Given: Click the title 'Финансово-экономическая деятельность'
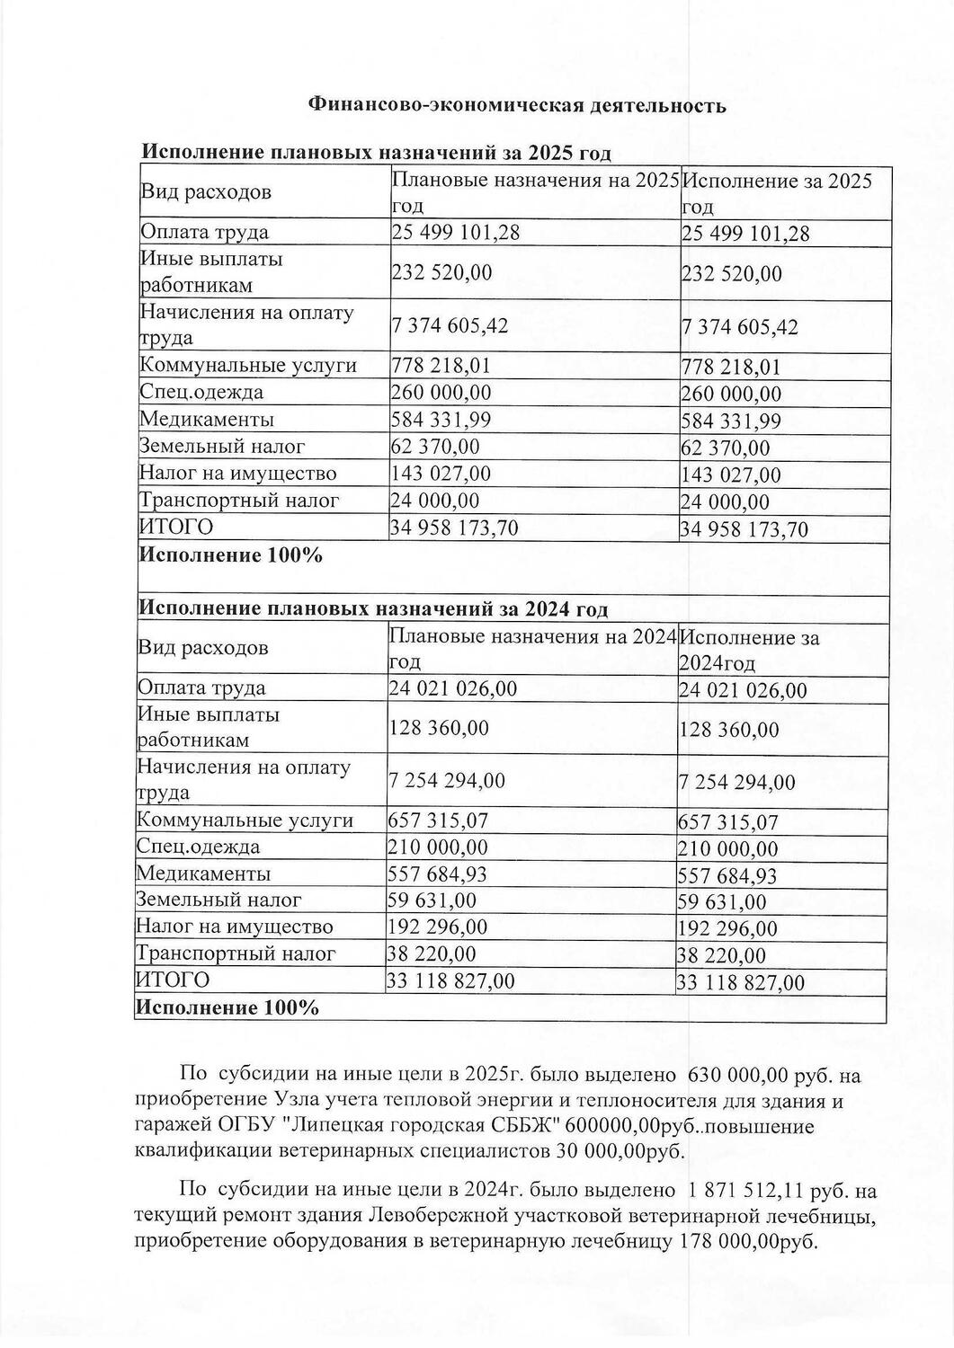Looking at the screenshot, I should [516, 106].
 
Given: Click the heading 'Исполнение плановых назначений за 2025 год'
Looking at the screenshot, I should [378, 154].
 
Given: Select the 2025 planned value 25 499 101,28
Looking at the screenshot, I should [456, 233].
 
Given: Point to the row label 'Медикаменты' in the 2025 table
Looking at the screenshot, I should [206, 420].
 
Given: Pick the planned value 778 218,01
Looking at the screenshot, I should [441, 366].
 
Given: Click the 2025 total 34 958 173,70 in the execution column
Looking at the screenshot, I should [744, 529].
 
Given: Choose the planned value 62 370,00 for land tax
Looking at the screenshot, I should [435, 447].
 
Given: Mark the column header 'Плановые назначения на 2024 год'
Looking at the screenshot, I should [531, 649].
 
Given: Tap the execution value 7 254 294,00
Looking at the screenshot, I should [736, 783].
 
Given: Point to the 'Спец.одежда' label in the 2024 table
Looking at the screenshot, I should [198, 847].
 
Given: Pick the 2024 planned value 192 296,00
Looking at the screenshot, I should [437, 927].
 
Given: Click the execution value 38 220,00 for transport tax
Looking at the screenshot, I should [721, 956].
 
